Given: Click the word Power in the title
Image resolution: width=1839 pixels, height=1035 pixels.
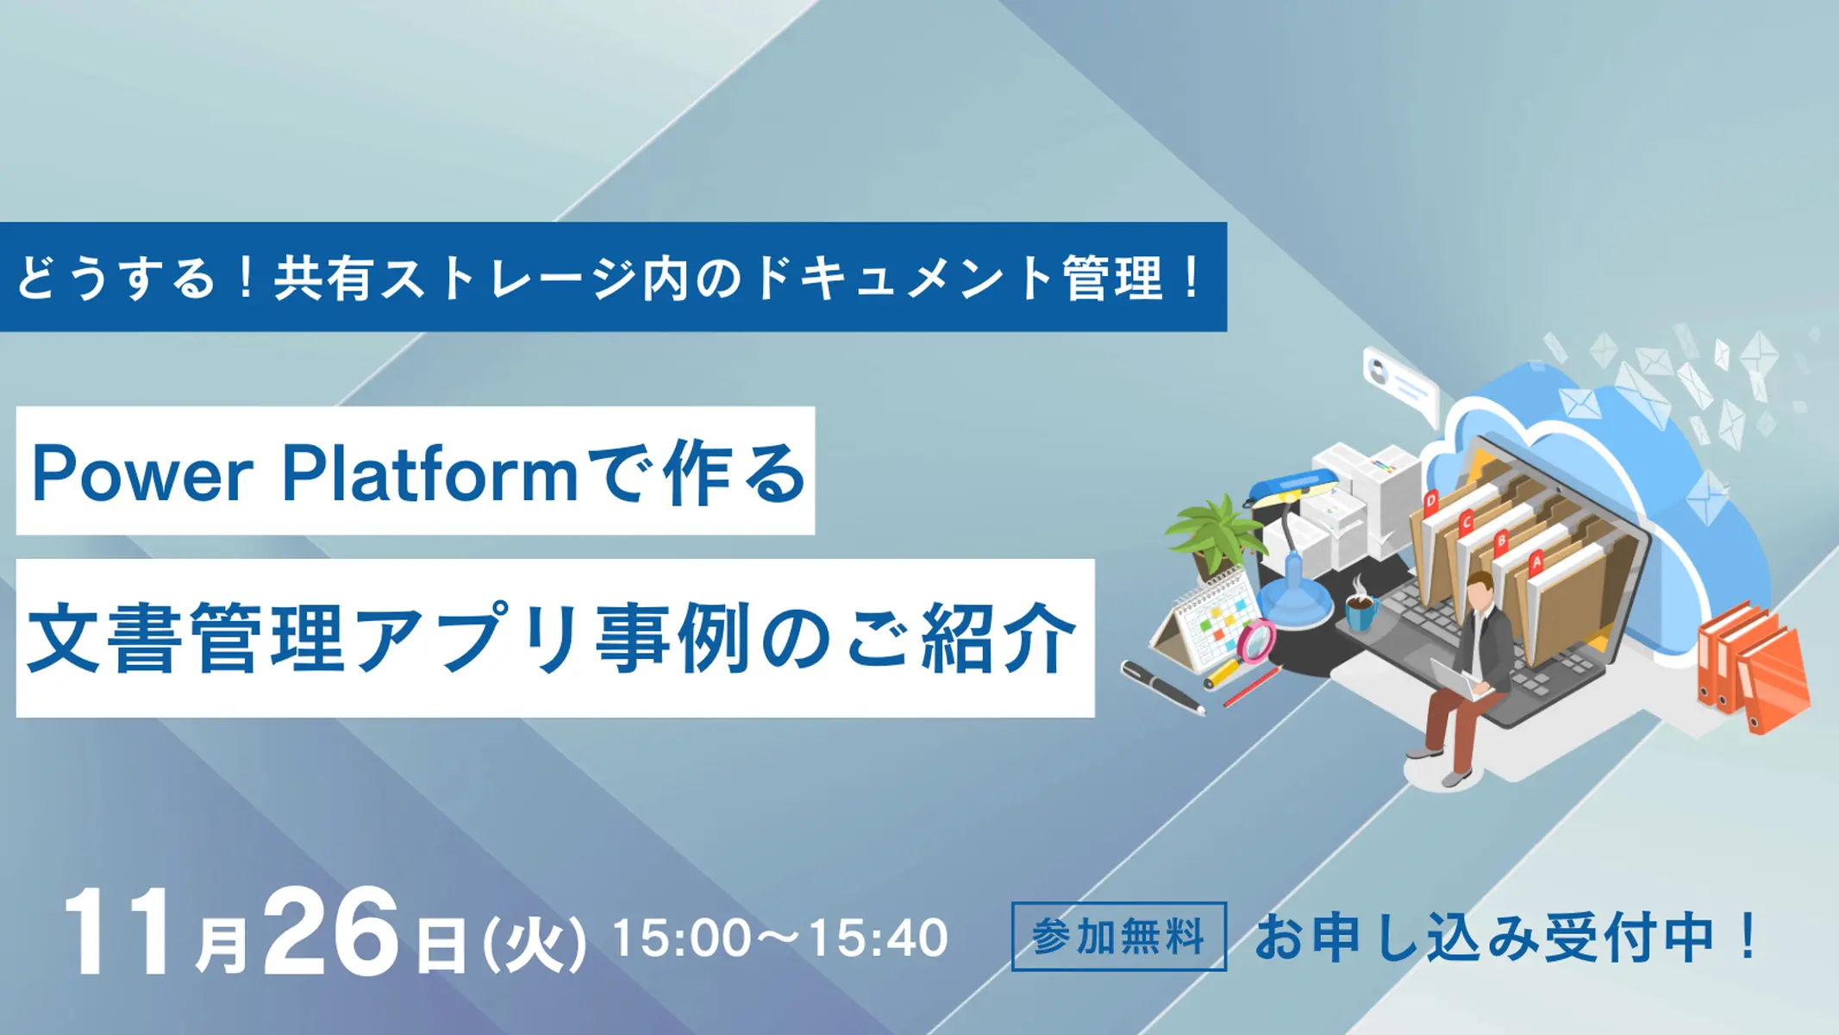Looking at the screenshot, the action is (x=143, y=473).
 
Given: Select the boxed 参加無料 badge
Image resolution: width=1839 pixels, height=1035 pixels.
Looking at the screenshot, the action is (x=1118, y=937).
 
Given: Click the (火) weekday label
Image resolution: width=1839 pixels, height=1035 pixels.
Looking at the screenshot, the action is (x=535, y=944).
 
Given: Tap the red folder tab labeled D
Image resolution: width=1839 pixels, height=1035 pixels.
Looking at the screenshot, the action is (x=1431, y=500).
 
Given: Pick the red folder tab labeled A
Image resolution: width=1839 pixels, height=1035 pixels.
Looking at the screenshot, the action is (x=1536, y=562).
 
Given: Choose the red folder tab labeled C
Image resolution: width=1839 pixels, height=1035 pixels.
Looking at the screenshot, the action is (x=1466, y=522).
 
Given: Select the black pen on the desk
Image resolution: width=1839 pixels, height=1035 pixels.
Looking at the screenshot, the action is (x=1163, y=687).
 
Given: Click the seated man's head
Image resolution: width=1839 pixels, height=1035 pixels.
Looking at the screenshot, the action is (x=1480, y=591).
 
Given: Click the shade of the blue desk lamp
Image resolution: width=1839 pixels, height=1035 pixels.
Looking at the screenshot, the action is (x=1285, y=491).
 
